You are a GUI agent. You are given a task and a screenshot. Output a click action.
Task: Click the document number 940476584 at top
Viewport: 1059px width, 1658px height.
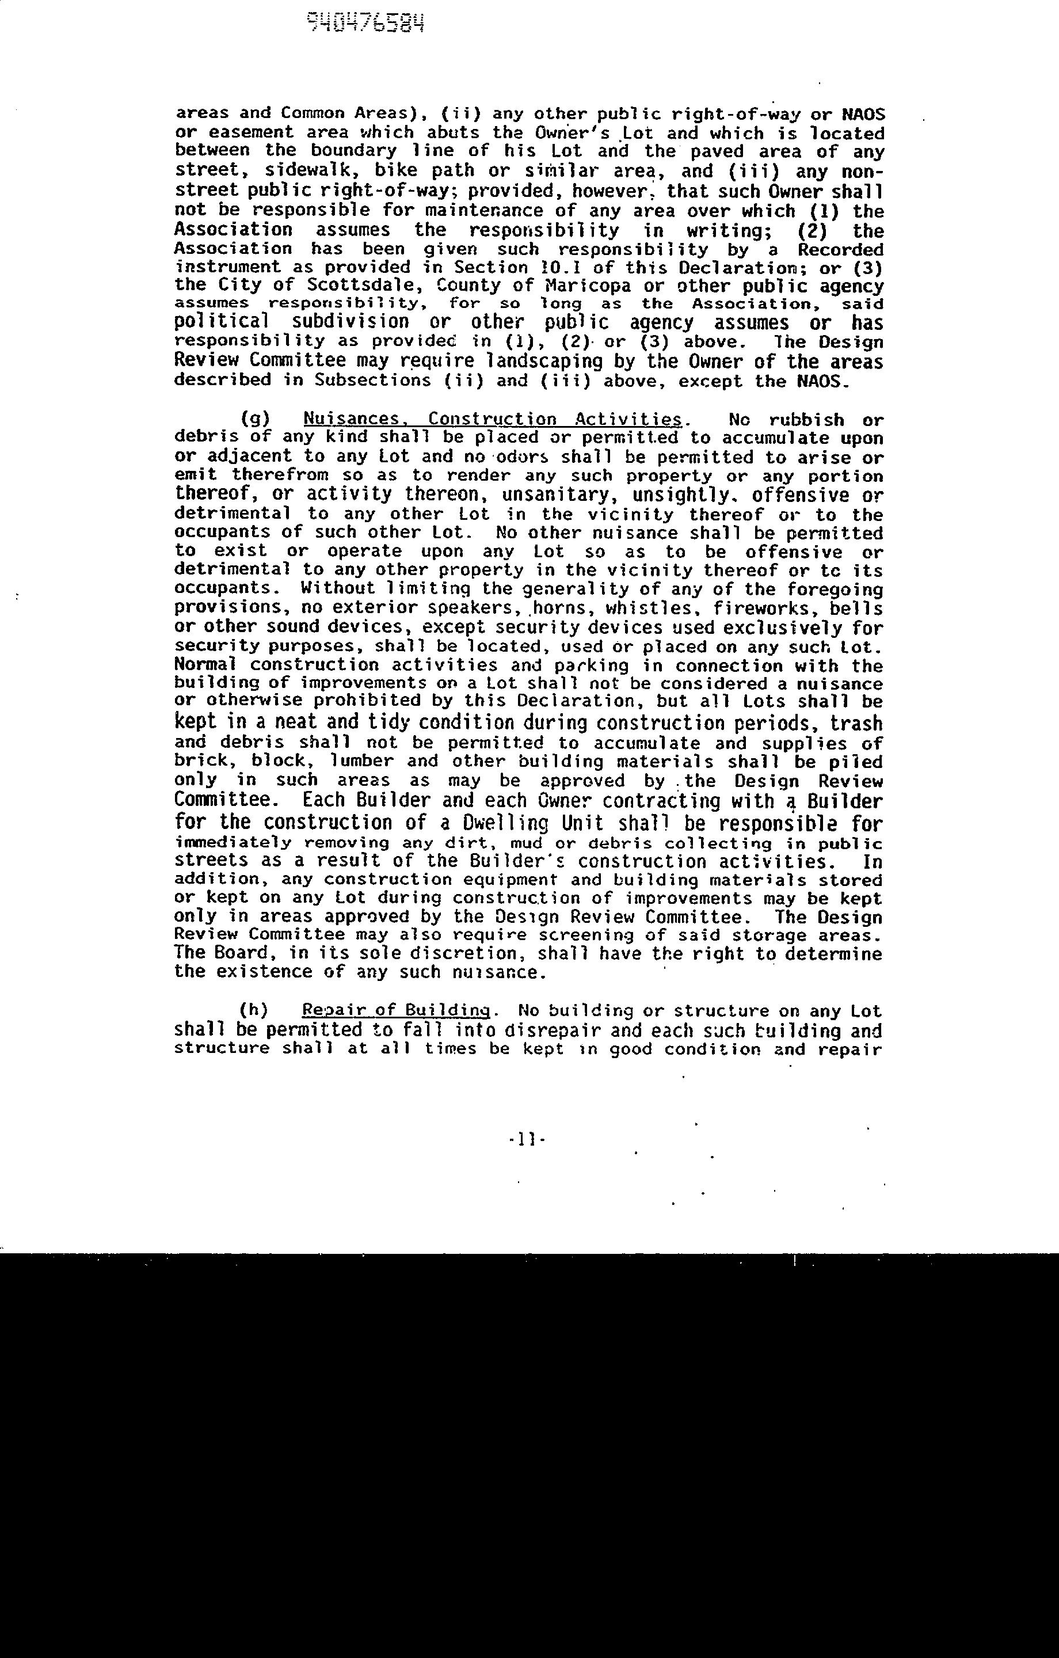pyautogui.click(x=365, y=24)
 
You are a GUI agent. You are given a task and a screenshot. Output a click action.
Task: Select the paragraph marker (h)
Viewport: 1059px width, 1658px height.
pyautogui.click(x=253, y=1011)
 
